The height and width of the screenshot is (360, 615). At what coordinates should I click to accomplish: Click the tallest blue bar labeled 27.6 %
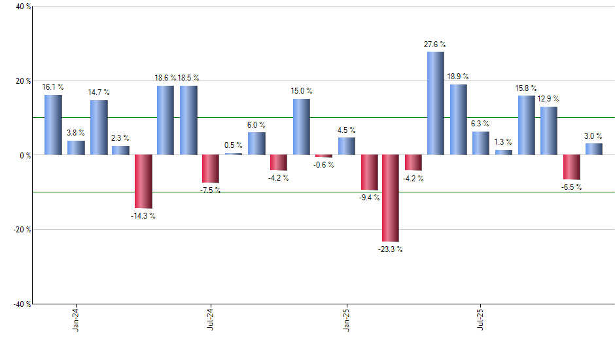click(x=436, y=103)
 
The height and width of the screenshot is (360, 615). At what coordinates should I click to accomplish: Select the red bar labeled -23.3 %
click(x=391, y=198)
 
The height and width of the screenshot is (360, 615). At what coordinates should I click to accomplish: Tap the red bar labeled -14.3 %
click(x=143, y=181)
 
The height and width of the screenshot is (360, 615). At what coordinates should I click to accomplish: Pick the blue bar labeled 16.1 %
click(x=53, y=125)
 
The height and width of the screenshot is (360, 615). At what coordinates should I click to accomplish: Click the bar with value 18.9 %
click(x=458, y=120)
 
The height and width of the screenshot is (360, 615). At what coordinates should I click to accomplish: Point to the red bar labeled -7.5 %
click(x=211, y=169)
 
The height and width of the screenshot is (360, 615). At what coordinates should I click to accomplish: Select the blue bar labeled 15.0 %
click(x=301, y=127)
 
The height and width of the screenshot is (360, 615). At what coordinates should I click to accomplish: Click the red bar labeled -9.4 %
click(x=368, y=172)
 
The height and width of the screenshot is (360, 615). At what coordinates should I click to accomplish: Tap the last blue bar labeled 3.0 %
click(x=593, y=149)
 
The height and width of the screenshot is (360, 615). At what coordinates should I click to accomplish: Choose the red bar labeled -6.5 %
click(x=571, y=167)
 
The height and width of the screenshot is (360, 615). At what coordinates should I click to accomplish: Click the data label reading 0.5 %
click(x=234, y=145)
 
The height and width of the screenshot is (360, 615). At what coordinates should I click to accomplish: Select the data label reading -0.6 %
click(x=323, y=165)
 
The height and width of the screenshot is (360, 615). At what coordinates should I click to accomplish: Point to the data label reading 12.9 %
click(x=548, y=99)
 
